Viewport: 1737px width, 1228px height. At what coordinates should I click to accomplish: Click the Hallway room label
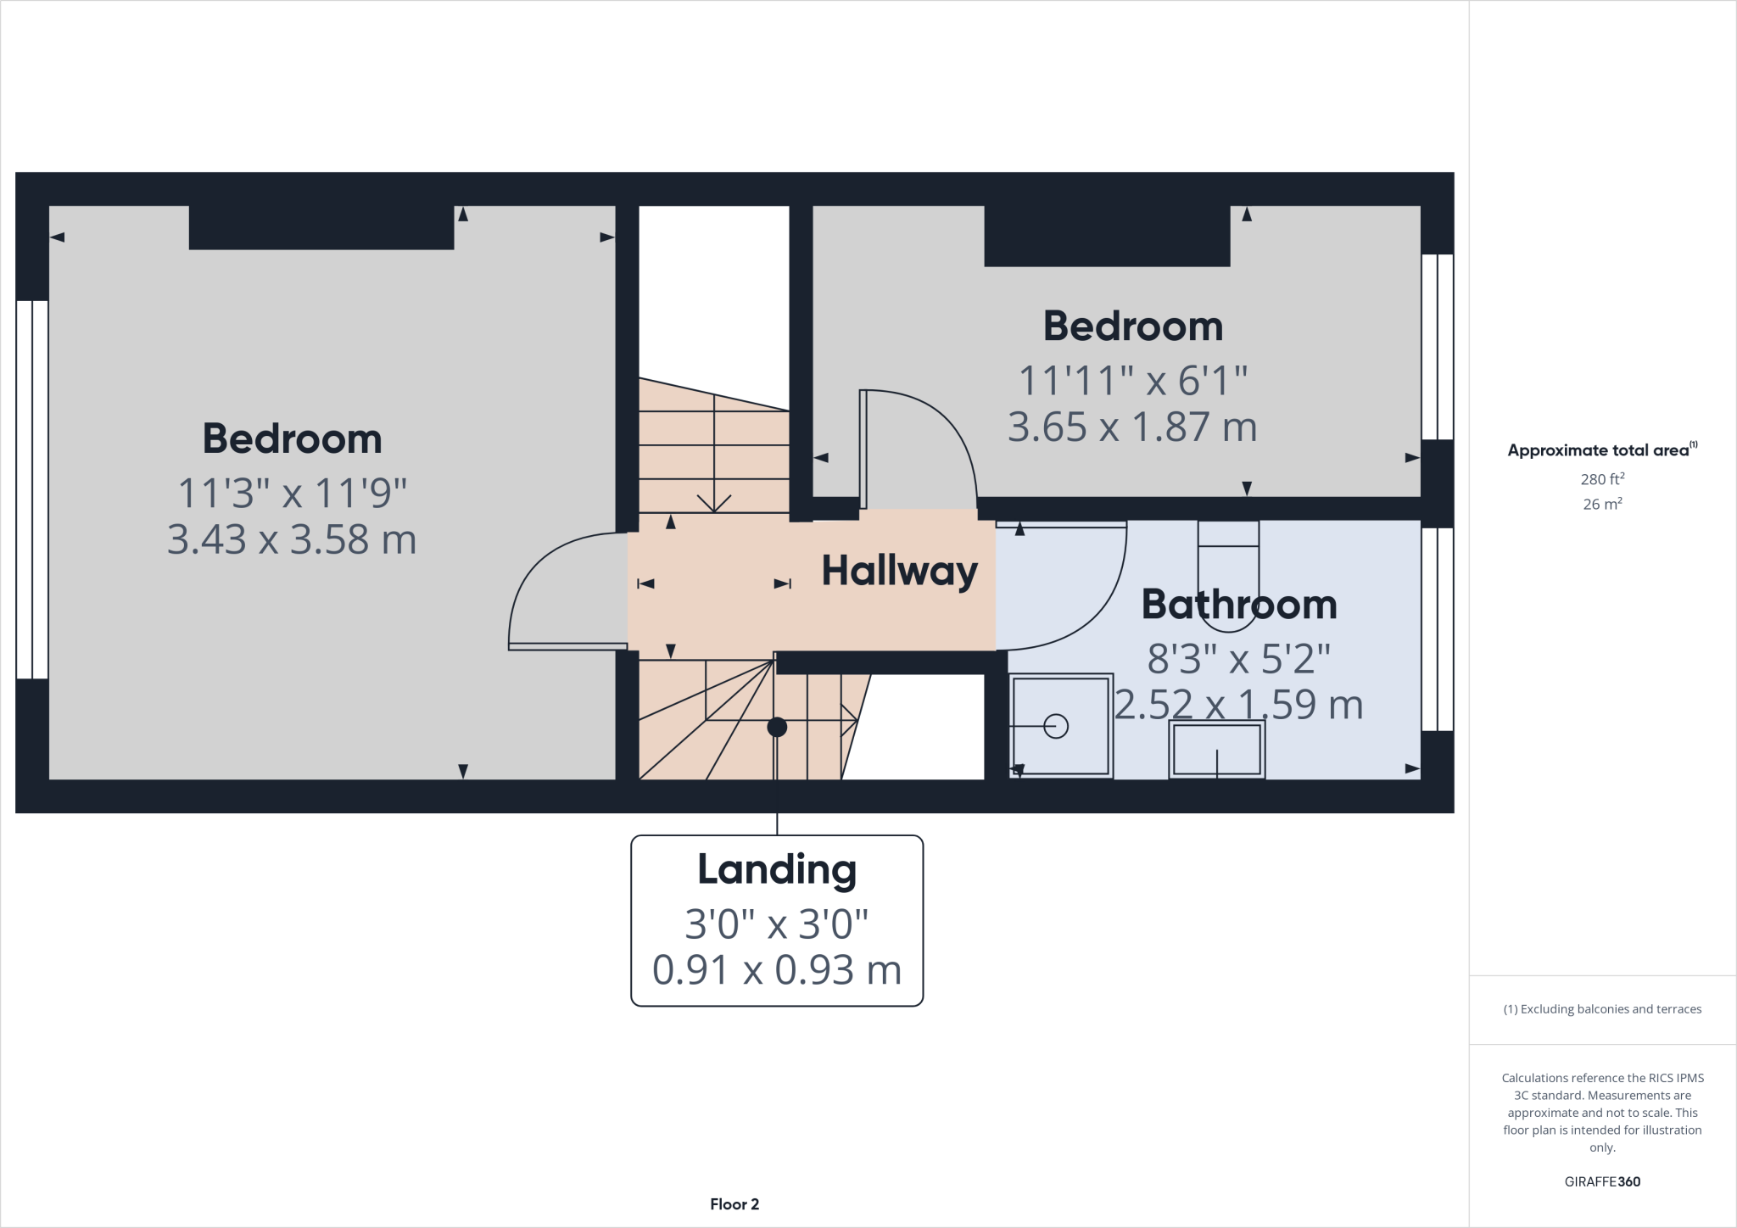[x=899, y=571]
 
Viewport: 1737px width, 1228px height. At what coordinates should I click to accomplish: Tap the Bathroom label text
[x=1238, y=605]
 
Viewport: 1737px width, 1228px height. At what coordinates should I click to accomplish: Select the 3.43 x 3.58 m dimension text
[x=292, y=539]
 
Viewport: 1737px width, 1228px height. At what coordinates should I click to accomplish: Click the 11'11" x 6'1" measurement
[x=1132, y=381]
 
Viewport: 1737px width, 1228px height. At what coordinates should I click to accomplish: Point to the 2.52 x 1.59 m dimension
[x=1238, y=705]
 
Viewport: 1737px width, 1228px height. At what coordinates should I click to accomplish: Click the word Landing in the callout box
[x=776, y=870]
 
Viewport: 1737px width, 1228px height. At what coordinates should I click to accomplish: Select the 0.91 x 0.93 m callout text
[x=776, y=969]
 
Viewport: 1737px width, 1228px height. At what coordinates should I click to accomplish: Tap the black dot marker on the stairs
[x=777, y=727]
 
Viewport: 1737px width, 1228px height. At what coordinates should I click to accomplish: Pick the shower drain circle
[x=1056, y=727]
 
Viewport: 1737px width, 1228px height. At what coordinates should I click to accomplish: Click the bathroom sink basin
[x=1217, y=749]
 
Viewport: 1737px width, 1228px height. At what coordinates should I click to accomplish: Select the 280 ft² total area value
[x=1601, y=479]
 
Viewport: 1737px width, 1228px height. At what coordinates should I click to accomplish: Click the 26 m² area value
[x=1601, y=504]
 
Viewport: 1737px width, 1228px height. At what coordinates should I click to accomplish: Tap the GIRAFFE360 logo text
[x=1601, y=1181]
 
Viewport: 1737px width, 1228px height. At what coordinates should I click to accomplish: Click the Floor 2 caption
[x=734, y=1204]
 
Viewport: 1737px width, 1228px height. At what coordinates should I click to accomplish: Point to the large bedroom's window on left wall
[x=32, y=489]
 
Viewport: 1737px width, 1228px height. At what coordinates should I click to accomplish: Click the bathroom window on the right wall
[x=1437, y=628]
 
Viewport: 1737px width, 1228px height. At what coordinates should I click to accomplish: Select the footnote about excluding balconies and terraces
[x=1601, y=1009]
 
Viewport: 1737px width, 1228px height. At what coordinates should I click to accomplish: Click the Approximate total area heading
[x=1601, y=450]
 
